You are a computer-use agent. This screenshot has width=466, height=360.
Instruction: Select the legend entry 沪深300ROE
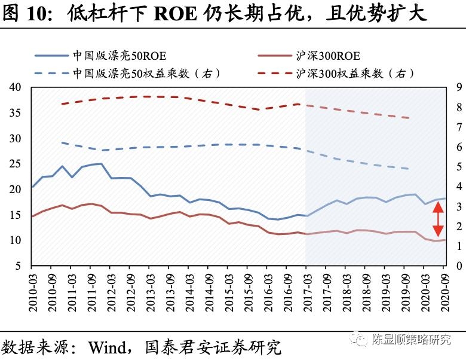(328, 56)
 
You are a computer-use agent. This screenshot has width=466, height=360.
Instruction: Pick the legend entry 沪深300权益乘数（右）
(355, 74)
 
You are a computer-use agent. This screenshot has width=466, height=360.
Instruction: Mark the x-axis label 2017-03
(306, 291)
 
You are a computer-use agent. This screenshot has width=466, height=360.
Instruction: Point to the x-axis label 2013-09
(169, 291)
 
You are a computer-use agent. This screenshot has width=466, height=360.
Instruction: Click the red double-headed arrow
(437, 219)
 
